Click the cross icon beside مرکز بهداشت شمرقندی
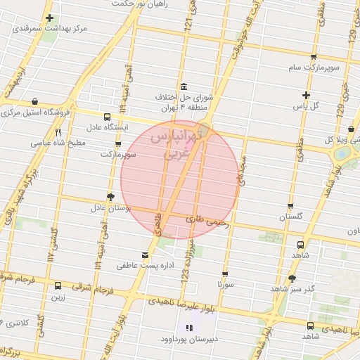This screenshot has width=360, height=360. coord(49,18)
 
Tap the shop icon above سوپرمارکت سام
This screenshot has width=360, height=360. coord(314,58)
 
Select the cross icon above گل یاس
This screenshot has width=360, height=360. coord(306,95)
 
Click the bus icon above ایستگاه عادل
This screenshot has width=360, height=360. coord(107,117)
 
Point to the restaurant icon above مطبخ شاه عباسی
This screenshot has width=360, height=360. coord(58,131)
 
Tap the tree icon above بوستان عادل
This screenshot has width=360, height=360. coord(110,197)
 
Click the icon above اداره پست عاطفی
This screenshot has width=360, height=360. coord(146,254)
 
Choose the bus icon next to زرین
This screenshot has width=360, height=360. coord(58,285)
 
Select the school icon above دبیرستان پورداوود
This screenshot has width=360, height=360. coord(188,328)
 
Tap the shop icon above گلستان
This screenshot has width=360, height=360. coord(290,206)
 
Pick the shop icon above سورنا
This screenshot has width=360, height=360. coord(225,274)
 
